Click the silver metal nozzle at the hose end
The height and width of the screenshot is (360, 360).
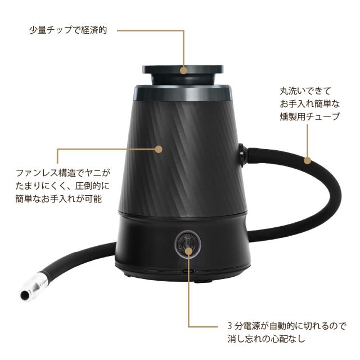point(35,286)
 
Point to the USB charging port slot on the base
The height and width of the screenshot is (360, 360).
point(188,271)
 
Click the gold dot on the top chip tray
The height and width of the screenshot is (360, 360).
point(183,70)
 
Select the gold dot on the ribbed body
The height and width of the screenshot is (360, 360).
point(159,149)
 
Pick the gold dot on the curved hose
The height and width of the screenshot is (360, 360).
point(308,160)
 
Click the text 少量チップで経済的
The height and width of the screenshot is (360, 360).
point(68,30)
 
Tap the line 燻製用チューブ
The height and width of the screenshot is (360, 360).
point(309,116)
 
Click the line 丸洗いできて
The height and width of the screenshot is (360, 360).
point(305,91)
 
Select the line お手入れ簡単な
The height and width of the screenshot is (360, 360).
point(309,103)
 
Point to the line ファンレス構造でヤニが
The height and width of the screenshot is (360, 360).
point(63,173)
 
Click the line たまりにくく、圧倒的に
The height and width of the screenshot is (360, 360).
point(63,186)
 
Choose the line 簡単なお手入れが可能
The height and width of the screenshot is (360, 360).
point(58,199)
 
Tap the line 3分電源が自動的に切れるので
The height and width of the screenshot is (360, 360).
point(286,326)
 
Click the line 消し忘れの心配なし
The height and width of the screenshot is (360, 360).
point(266,339)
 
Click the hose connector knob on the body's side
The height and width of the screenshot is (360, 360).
point(242,154)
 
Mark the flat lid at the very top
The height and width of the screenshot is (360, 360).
point(183,69)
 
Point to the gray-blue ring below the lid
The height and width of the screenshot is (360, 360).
point(183,93)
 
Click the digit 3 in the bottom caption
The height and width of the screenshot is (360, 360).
point(230,326)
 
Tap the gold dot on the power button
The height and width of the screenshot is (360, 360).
point(188,251)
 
